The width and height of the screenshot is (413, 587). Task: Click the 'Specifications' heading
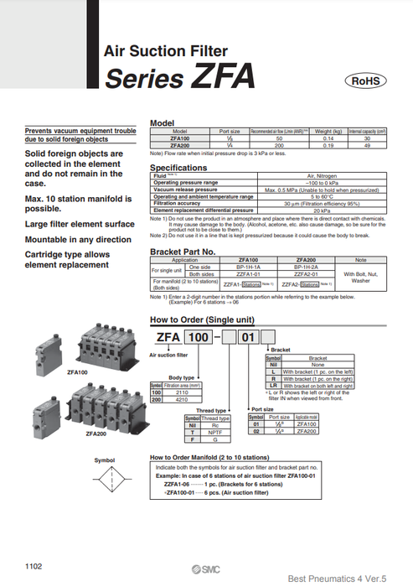coord(178,168)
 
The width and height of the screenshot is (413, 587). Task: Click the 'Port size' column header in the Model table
coord(230,132)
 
